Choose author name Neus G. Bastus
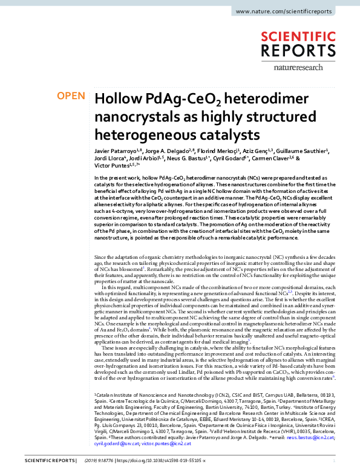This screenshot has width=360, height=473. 189,157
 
